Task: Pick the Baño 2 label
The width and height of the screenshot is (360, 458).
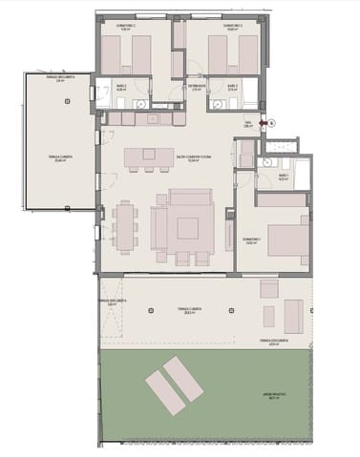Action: pos(121,87)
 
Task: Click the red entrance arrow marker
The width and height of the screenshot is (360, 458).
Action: pos(260,122)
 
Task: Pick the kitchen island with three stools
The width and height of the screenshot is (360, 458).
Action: pos(148,156)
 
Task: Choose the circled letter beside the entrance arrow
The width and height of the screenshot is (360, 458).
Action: pos(270,122)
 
